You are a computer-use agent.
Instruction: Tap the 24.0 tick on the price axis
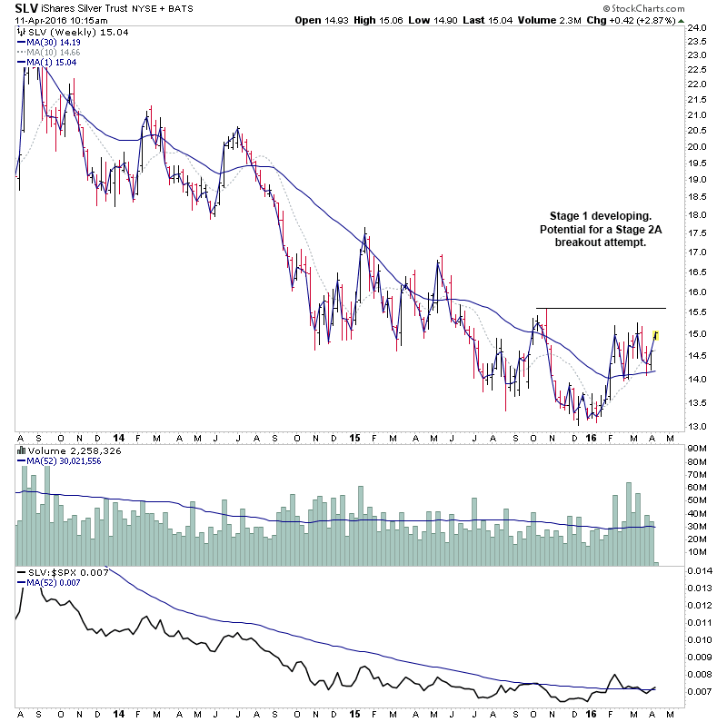[x=698, y=28]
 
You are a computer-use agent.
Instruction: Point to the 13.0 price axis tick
[x=698, y=427]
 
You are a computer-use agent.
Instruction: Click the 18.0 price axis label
[x=698, y=214]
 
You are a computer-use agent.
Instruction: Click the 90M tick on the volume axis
[x=698, y=448]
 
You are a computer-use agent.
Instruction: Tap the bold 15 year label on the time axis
[x=355, y=438]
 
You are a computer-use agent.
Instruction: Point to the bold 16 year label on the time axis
[x=592, y=438]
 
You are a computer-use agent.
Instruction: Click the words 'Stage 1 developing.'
[x=600, y=215]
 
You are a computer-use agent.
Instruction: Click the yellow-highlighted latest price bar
[x=656, y=336]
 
